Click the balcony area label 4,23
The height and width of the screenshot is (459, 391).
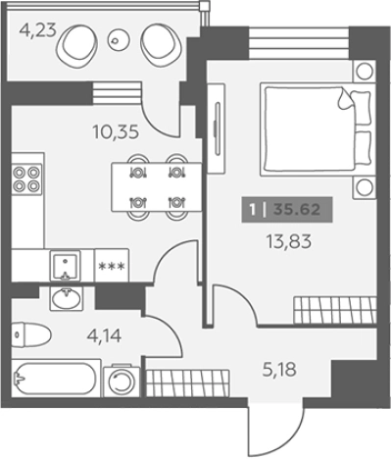click(x=37, y=31)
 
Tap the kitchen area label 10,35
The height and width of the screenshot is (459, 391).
click(x=116, y=132)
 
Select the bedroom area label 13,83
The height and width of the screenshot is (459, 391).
click(x=289, y=242)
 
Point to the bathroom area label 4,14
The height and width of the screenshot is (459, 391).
click(x=104, y=335)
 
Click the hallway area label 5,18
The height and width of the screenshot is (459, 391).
click(x=279, y=370)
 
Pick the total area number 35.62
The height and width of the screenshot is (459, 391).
click(x=297, y=209)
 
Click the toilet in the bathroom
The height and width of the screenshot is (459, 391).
click(x=31, y=334)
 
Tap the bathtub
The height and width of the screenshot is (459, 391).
click(x=56, y=379)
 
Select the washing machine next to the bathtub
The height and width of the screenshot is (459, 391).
click(x=122, y=382)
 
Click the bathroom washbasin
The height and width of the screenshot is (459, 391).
click(x=67, y=298)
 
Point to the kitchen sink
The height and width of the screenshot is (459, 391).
click(x=65, y=265)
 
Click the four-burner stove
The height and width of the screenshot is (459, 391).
click(x=27, y=178)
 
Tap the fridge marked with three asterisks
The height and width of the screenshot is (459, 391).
click(x=112, y=266)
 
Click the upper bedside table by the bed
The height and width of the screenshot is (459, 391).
click(x=364, y=71)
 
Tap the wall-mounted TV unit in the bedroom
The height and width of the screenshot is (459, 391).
click(x=217, y=128)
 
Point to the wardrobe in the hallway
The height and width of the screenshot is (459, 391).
click(x=188, y=383)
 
